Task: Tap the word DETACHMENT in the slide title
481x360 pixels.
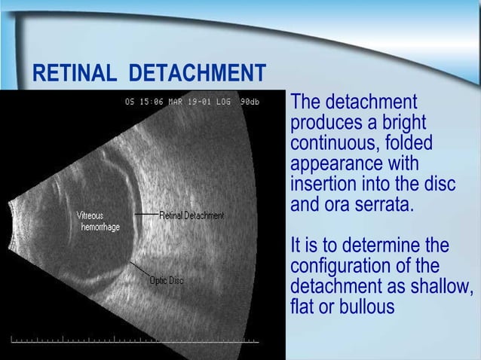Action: pyautogui.click(x=197, y=75)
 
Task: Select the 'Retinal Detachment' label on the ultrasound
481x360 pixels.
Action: pyautogui.click(x=191, y=215)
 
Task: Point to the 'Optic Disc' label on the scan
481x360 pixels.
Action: pyautogui.click(x=165, y=281)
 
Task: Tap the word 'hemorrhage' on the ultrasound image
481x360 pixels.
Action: pyautogui.click(x=100, y=227)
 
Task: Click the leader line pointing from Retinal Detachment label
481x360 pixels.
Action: pyautogui.click(x=146, y=215)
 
